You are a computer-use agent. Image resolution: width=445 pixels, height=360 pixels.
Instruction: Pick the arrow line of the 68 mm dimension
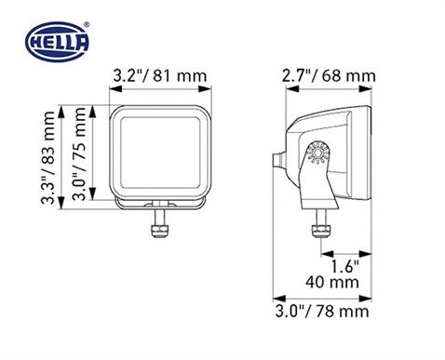323,91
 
